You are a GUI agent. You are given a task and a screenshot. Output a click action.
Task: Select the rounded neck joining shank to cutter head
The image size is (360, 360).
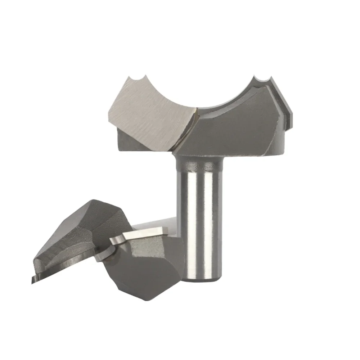click(196, 166)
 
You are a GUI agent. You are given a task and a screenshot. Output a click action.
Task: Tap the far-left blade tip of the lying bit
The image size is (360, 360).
click(33, 281)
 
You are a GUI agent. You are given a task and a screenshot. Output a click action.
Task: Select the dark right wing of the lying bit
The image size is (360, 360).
click(151, 266)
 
